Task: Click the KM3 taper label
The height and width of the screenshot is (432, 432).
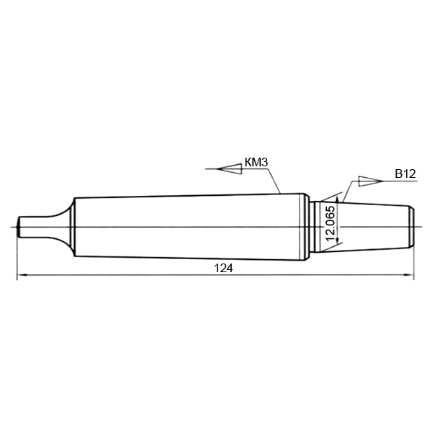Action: [256, 162]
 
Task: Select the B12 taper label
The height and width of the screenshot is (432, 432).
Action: [405, 174]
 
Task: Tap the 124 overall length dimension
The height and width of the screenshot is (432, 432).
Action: [223, 268]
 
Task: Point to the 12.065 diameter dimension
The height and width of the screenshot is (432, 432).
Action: [330, 223]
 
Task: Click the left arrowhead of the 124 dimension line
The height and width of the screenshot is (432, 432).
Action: [22, 275]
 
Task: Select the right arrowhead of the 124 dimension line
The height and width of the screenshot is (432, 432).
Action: [408, 275]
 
